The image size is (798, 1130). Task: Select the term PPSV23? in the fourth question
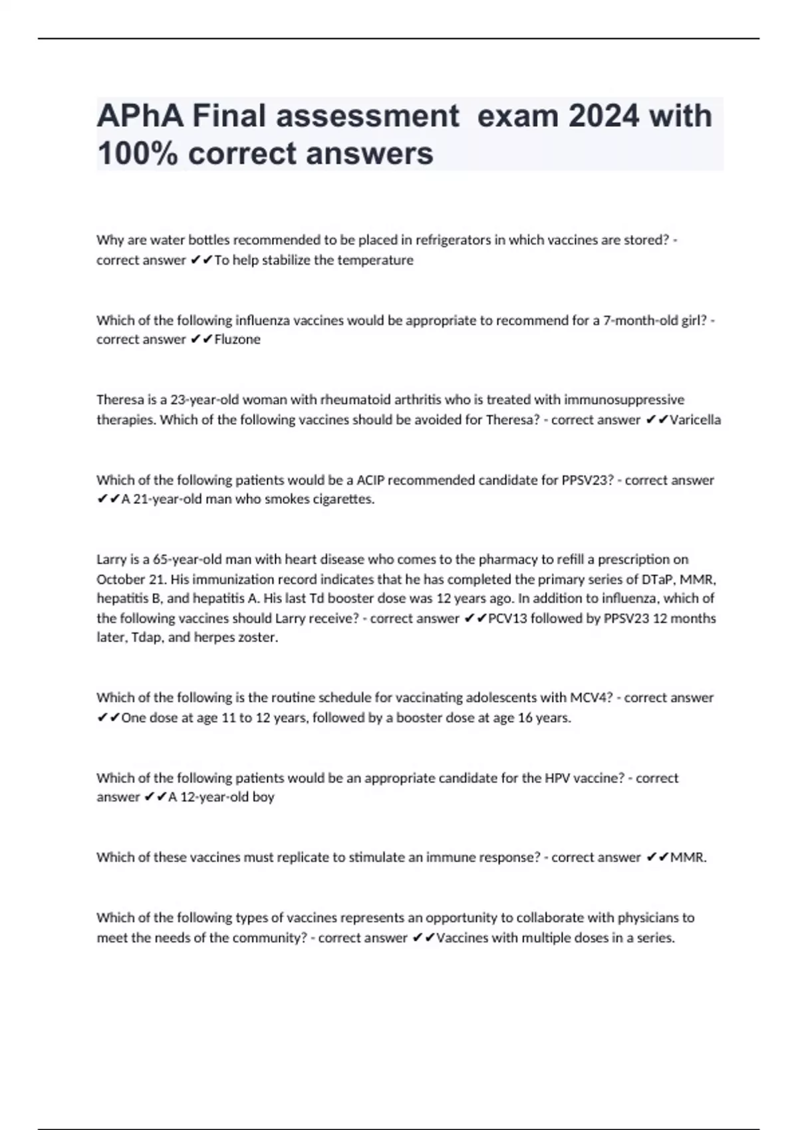[587, 480]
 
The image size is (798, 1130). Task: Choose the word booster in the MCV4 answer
[419, 718]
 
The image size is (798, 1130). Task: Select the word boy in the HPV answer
[263, 797]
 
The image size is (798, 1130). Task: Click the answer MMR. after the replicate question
[688, 857]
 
